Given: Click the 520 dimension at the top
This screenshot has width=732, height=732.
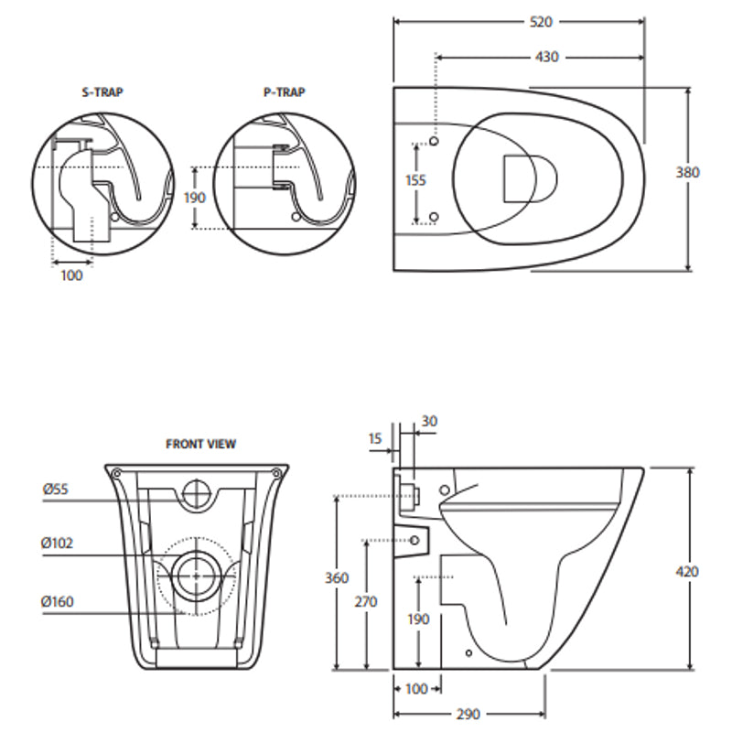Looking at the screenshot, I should pyautogui.click(x=541, y=21).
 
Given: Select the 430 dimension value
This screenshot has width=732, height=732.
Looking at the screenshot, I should pyautogui.click(x=548, y=57).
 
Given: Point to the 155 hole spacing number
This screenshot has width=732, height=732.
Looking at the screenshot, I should pyautogui.click(x=415, y=180).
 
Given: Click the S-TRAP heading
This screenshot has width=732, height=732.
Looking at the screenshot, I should pyautogui.click(x=102, y=92).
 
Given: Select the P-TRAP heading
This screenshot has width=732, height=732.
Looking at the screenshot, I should pyautogui.click(x=284, y=92).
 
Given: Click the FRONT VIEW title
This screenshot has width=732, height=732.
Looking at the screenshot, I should pyautogui.click(x=200, y=444).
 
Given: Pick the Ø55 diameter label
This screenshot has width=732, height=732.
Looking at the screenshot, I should pyautogui.click(x=56, y=490).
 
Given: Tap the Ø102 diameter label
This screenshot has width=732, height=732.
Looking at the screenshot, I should pyautogui.click(x=58, y=543).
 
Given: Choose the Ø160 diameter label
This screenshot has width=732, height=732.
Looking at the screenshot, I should pyautogui.click(x=58, y=601).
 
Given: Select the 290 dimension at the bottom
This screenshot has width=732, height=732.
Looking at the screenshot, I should pyautogui.click(x=468, y=714).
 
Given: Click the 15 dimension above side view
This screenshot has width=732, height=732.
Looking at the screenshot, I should pyautogui.click(x=375, y=439).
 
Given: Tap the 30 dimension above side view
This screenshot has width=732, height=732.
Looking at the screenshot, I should pyautogui.click(x=429, y=421).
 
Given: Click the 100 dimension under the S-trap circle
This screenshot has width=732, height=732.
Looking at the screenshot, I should pyautogui.click(x=71, y=274).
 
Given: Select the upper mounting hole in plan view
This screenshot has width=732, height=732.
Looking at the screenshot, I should pyautogui.click(x=434, y=144).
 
